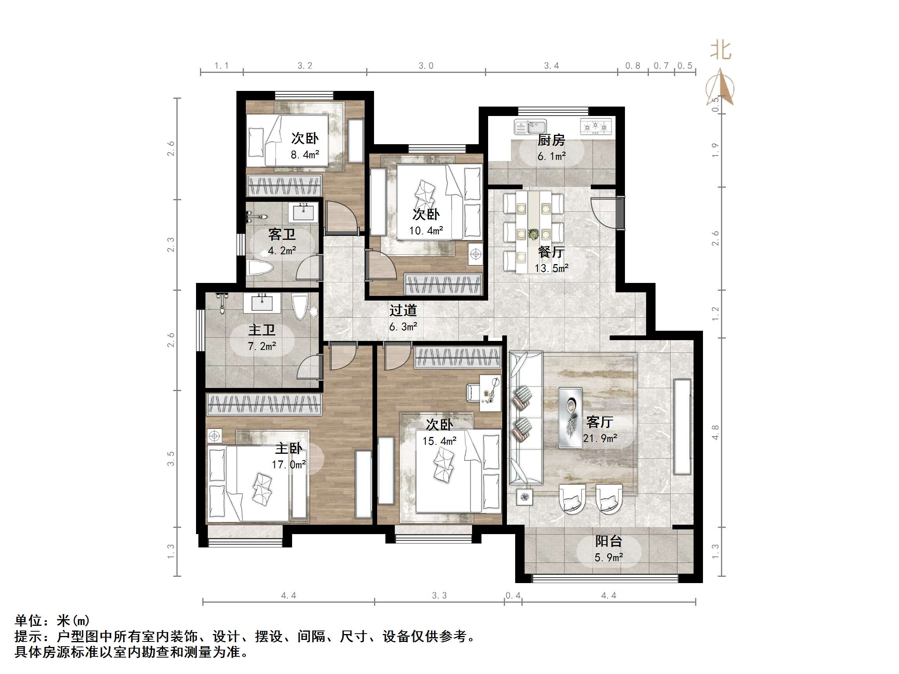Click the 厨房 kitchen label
click(551, 140)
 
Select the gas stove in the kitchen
click(596, 126)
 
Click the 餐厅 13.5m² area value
click(551, 268)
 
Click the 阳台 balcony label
click(608, 541)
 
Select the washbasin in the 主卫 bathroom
click(262, 303)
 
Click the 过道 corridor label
click(403, 310)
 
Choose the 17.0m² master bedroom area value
click(289, 464)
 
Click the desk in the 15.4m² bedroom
click(490, 393)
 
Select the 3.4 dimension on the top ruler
click(552, 66)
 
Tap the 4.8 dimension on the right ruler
click(715, 432)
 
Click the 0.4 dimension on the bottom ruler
click(513, 596)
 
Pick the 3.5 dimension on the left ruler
click(171, 459)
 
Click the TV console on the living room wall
click(682, 427)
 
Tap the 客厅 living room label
click(599, 422)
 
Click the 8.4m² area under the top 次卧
click(304, 155)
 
